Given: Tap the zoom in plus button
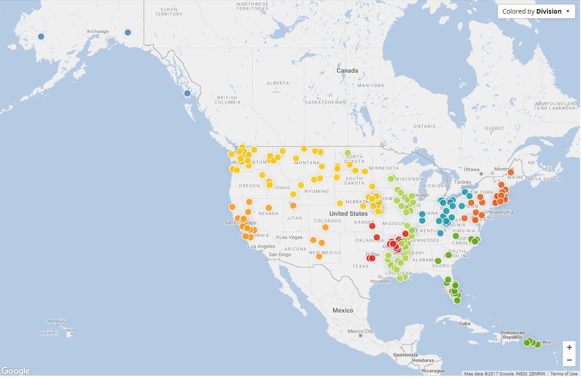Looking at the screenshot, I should pos(569,348).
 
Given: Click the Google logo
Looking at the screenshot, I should pos(15,371).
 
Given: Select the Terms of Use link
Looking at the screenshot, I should pos(564,374).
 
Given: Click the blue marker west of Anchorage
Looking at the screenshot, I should pos(41,36).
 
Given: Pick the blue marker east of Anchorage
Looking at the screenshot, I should pos(128,32).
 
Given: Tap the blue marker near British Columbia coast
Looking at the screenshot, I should pos(187,93).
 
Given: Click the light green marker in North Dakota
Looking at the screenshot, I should pos(348,153).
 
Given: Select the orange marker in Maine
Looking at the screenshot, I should pos(511,172).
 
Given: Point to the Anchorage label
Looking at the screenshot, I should pos(98,32).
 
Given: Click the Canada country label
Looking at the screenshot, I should pos(347,70).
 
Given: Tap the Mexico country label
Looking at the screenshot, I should pos(343,310).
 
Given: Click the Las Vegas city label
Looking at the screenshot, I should pos(291,237).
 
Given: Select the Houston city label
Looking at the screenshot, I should pos(379,281).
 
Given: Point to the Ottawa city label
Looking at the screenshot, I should pos(472,169).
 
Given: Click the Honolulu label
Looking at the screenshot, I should pos(57,321).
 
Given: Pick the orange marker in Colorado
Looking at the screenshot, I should pos(325,227).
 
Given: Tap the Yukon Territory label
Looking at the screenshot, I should pos(168,12).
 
